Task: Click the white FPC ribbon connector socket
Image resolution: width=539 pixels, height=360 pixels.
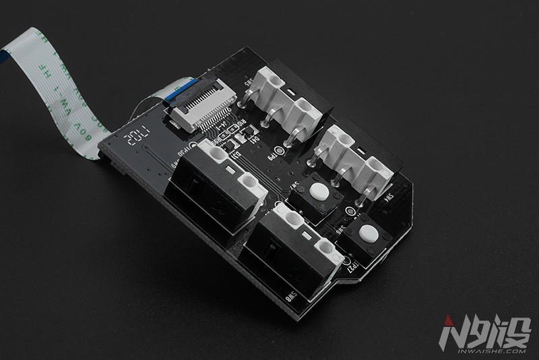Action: [x=199, y=111]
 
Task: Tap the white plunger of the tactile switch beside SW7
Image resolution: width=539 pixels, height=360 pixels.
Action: [x=319, y=192]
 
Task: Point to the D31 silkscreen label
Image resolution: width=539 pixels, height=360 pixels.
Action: [x=237, y=156]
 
